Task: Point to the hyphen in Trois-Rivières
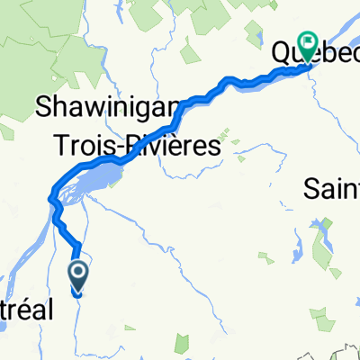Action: tap(121, 146)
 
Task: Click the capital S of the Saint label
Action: tap(311, 189)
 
